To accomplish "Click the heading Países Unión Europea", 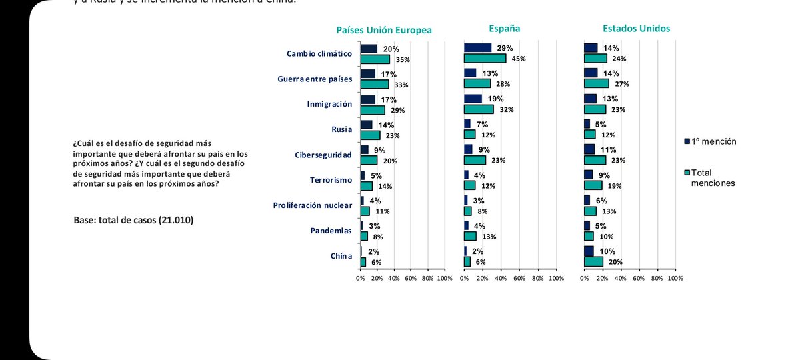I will (383, 30).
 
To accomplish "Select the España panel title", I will (504, 29).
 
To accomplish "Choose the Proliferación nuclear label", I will (312, 205).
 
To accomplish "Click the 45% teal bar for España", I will (485, 59).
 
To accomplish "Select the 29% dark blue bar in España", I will (477, 48).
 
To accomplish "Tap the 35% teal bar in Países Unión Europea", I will (375, 59).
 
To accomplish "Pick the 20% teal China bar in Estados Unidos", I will (593, 261).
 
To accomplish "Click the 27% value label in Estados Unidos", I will (622, 84).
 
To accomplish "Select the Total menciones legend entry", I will (713, 177).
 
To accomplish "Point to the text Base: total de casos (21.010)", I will (133, 219).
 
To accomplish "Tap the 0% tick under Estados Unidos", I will (585, 277).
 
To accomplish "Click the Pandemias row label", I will (331, 231).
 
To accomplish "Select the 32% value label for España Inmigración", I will (506, 110).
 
